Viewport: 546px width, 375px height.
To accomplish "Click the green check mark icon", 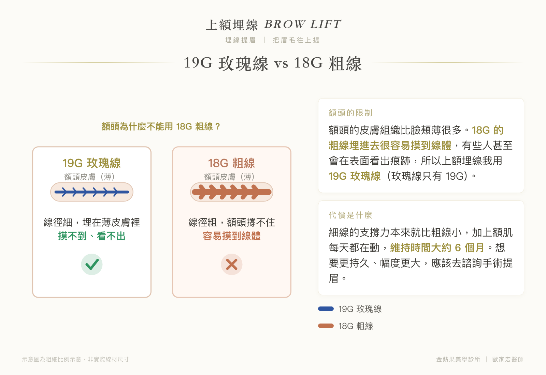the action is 92,264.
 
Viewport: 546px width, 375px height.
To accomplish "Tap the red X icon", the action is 232,264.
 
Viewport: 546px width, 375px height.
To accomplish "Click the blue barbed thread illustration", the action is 92,192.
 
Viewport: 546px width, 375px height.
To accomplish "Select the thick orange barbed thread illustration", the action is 232,192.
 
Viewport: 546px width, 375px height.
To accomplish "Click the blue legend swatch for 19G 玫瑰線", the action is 326,309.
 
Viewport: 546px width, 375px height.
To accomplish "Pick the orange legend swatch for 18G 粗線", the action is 326,326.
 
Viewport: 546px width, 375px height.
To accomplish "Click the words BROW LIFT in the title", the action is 303,24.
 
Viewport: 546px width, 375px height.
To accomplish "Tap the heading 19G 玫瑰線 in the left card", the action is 92,163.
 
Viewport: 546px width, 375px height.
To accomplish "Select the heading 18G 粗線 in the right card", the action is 232,163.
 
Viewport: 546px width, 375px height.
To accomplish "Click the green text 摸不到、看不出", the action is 92,236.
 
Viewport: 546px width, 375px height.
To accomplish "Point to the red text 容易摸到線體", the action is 232,236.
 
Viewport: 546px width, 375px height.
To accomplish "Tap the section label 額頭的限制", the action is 350,113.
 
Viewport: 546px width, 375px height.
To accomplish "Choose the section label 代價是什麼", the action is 350,215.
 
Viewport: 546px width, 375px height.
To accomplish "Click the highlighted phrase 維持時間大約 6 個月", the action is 437,247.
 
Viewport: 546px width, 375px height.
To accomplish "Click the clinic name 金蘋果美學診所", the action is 458,359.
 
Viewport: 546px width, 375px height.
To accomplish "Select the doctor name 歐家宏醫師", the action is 508,359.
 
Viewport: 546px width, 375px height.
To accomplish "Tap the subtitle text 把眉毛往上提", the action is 296,40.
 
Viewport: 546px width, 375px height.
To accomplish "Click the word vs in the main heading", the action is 281,64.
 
